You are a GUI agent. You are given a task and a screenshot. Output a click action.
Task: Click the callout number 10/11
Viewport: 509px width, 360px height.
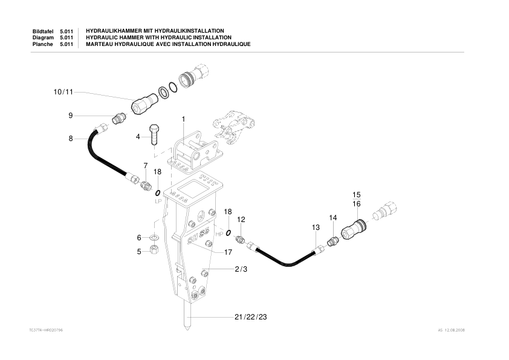[63, 92]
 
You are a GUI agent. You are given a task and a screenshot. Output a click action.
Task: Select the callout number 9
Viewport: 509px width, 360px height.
[70, 115]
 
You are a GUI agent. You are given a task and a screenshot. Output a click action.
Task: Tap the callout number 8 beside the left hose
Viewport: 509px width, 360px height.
[70, 139]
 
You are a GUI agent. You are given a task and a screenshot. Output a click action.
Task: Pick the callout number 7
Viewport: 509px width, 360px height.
[145, 165]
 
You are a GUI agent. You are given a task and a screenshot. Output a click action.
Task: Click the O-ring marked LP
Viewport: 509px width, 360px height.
[157, 193]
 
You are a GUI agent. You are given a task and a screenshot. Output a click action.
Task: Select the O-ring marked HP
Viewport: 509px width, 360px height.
[228, 233]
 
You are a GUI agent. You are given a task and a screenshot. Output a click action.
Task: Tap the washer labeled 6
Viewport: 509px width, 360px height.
[154, 238]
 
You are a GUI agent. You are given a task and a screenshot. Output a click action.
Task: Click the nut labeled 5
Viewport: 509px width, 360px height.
[154, 251]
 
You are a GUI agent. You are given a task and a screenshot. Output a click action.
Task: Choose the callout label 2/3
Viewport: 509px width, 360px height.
[241, 269]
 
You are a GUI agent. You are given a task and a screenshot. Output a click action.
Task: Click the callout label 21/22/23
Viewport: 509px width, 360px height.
[250, 317]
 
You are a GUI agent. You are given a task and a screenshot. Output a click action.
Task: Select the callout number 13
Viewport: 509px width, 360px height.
[315, 227]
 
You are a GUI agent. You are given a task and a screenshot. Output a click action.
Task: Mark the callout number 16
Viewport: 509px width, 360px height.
[357, 205]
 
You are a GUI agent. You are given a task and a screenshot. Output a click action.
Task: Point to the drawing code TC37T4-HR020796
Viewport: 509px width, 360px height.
[46, 330]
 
